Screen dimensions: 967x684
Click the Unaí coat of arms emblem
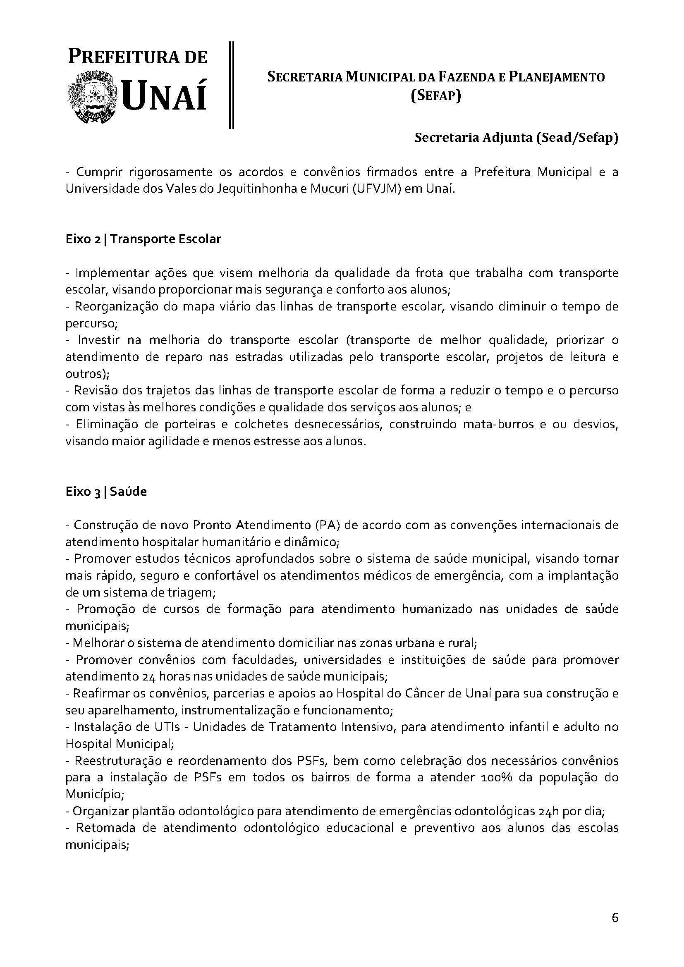(x=92, y=98)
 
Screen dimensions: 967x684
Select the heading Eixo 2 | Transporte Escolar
(x=143, y=239)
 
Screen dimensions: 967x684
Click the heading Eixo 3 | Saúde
(x=106, y=492)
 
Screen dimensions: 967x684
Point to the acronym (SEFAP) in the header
(x=436, y=96)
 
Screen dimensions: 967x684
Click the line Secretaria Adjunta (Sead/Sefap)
(x=517, y=138)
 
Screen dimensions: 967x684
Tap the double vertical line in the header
(x=231, y=84)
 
